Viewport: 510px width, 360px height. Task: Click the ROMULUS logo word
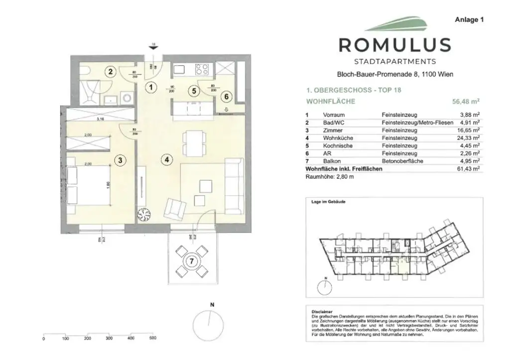click(x=394, y=45)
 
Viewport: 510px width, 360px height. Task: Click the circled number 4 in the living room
click(x=167, y=160)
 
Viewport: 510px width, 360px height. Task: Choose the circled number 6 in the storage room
click(x=227, y=96)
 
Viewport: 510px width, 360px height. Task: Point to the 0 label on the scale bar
click(x=44, y=339)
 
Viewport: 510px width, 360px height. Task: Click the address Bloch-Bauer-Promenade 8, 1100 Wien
click(x=394, y=75)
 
